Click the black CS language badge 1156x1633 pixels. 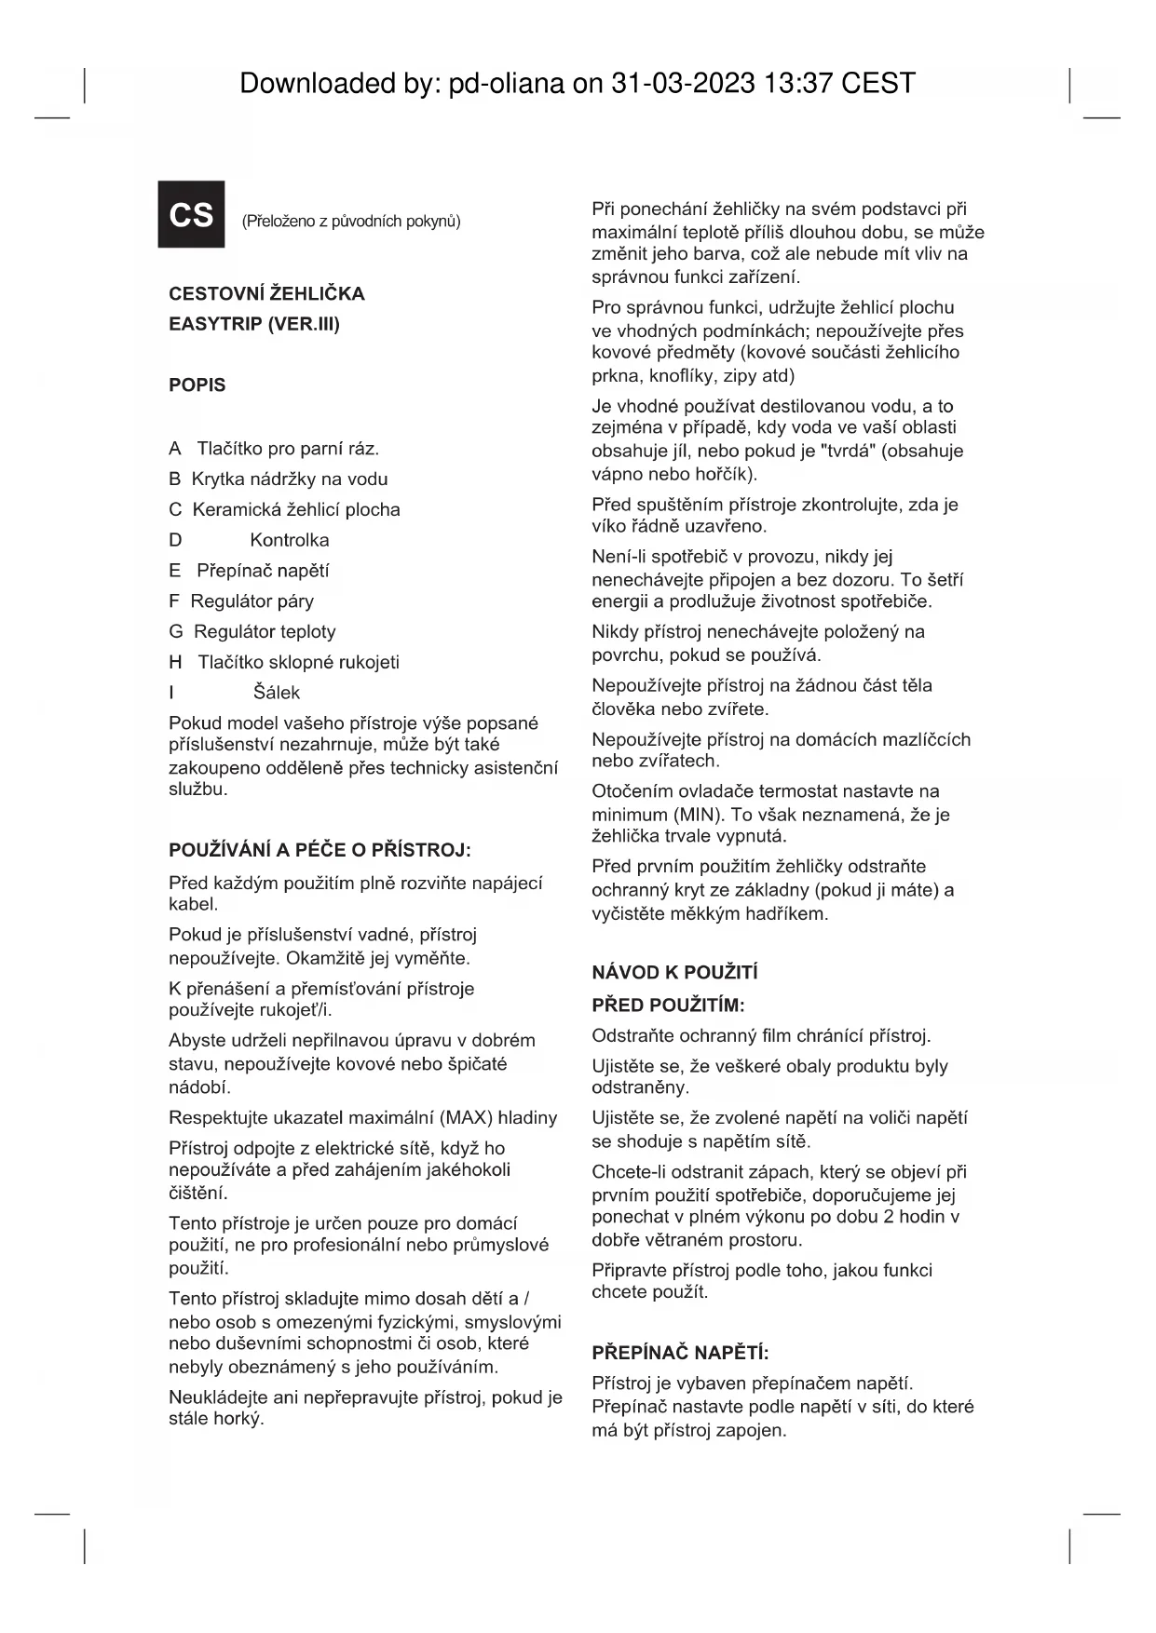pyautogui.click(x=191, y=214)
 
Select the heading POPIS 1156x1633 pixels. pyautogui.click(x=197, y=385)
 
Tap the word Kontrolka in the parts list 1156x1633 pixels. pyautogui.click(x=289, y=540)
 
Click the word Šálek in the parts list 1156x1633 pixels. pyautogui.click(x=277, y=693)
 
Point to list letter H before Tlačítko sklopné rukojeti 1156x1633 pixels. pyautogui.click(x=175, y=662)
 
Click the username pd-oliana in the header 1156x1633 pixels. pyautogui.click(x=507, y=84)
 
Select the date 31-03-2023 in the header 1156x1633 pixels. pyautogui.click(x=683, y=84)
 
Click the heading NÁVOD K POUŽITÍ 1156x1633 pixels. pyautogui.click(x=674, y=973)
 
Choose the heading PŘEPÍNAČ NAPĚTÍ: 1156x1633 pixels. pyautogui.click(x=680, y=1354)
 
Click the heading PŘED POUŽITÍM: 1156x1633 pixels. pyautogui.click(x=668, y=1005)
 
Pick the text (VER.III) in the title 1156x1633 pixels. pyautogui.click(x=304, y=324)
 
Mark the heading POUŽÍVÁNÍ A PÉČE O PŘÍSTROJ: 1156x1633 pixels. pyautogui.click(x=320, y=850)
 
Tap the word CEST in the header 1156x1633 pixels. pyautogui.click(x=878, y=84)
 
